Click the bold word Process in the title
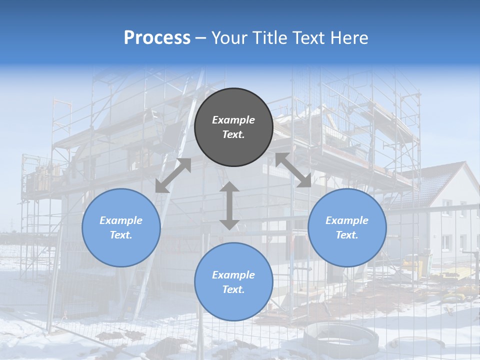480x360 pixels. point(157,38)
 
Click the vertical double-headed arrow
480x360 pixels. point(229,205)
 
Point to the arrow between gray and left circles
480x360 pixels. point(173,175)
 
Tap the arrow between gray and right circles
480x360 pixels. point(293,170)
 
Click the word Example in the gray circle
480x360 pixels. point(233,120)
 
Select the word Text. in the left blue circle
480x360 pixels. point(121,235)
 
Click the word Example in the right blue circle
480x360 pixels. point(347,220)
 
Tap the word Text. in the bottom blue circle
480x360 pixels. point(233,289)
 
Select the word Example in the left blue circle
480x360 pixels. point(121,220)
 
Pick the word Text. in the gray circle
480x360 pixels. point(233,134)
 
